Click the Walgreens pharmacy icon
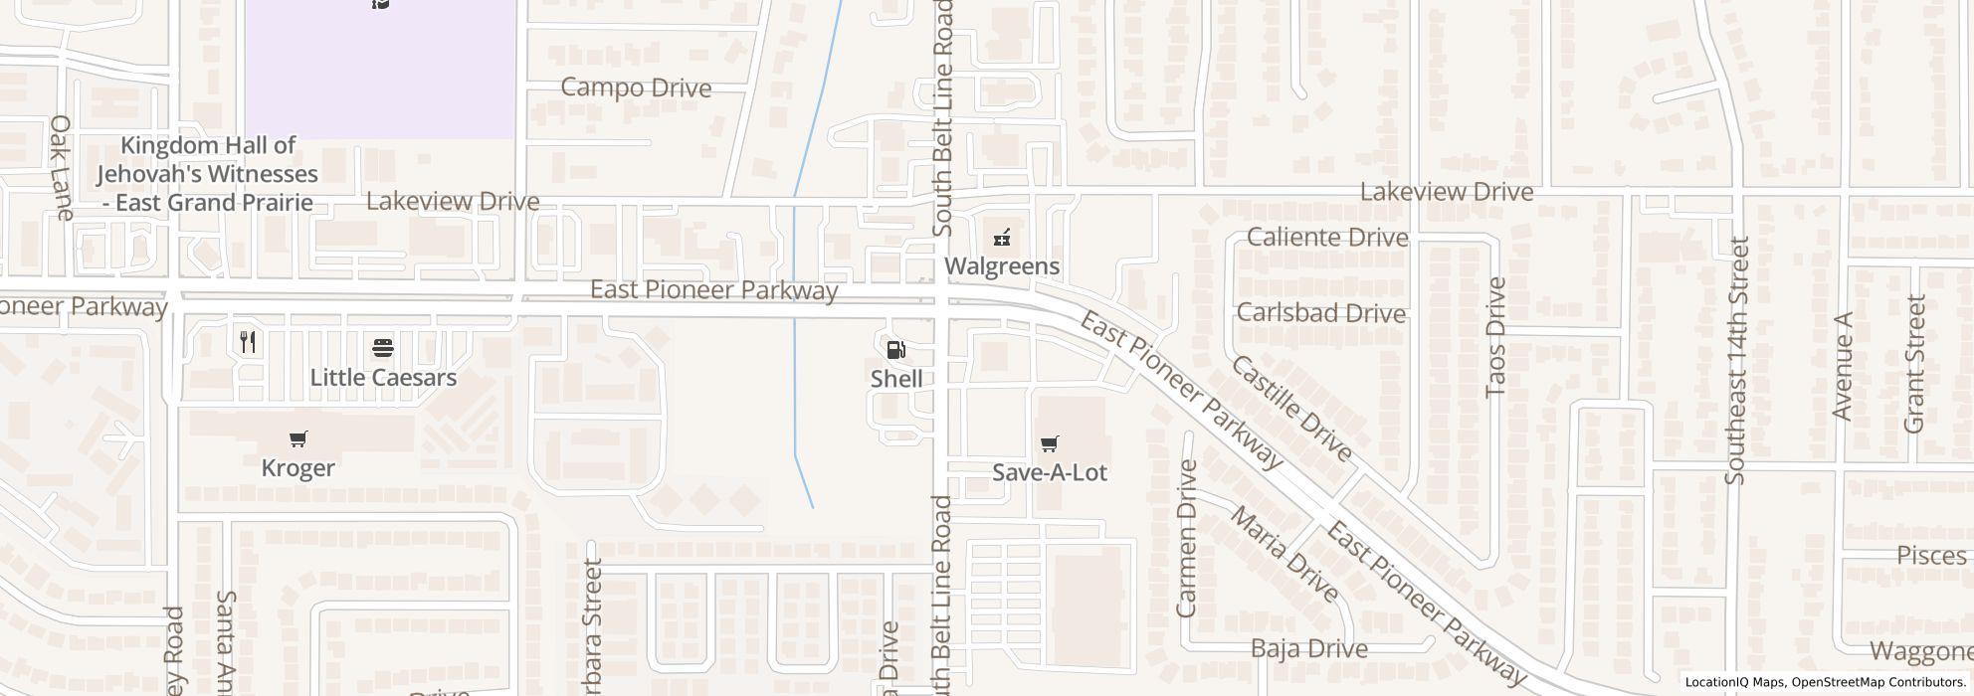click(x=1002, y=238)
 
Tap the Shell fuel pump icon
click(x=895, y=349)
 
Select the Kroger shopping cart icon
click(x=297, y=438)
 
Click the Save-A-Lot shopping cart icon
click(x=1049, y=443)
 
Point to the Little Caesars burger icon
click(x=383, y=348)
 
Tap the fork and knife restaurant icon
click(x=249, y=342)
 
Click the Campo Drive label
click(x=636, y=87)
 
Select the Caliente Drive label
click(x=1327, y=238)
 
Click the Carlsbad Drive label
click(x=1320, y=313)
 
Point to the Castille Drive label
click(x=1291, y=409)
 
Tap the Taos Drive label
click(x=1495, y=337)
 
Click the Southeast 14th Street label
click(x=1737, y=360)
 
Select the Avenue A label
click(x=1842, y=366)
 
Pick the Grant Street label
click(x=1914, y=364)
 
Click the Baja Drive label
click(x=1308, y=649)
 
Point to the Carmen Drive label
click(x=1186, y=538)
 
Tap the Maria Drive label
click(x=1284, y=554)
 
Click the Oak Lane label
click(x=62, y=167)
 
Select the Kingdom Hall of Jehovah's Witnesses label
click(x=207, y=174)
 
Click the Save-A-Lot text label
click(x=1049, y=472)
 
